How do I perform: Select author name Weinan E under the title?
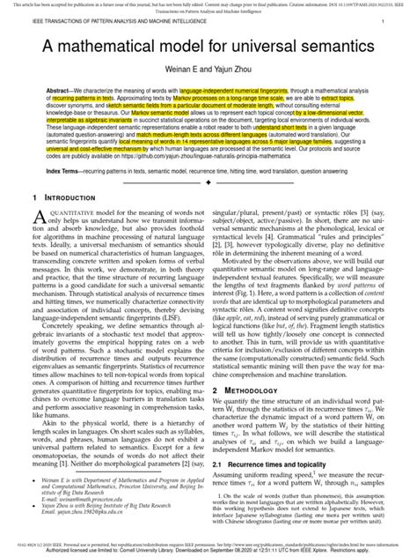coord(183,93)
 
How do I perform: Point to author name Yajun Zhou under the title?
coord(235,93)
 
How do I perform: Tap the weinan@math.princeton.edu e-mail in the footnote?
coord(88,516)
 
